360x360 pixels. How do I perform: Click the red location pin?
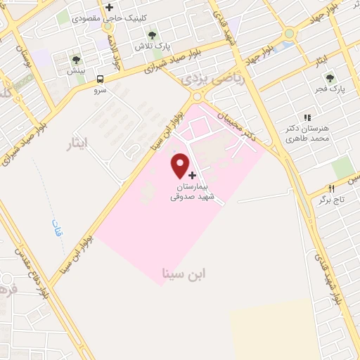pyautogui.click(x=181, y=165)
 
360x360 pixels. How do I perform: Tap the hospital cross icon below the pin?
pyautogui.click(x=193, y=175)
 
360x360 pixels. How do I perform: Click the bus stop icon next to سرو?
pyautogui.click(x=101, y=79)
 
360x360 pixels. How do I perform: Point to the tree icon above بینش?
pyautogui.click(x=76, y=60)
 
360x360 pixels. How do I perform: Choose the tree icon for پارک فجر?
pyautogui.click(x=329, y=77)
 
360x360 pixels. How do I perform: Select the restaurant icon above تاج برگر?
pyautogui.click(x=331, y=188)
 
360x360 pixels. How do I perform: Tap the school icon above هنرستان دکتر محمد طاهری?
pyautogui.click(x=307, y=117)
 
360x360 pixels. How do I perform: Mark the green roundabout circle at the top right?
pyautogui.click(x=289, y=34)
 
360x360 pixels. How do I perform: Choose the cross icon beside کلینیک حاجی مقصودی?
pyautogui.click(x=109, y=8)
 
